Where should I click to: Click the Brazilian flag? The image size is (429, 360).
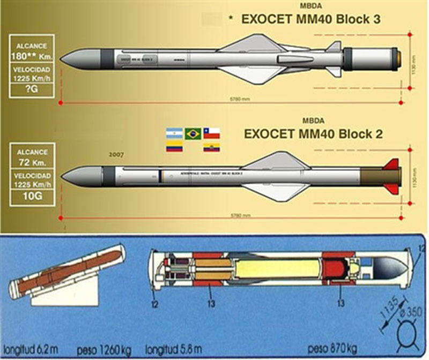point(193,134)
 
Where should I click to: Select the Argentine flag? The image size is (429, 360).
point(174,134)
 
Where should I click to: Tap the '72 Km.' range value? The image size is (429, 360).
point(31,161)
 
